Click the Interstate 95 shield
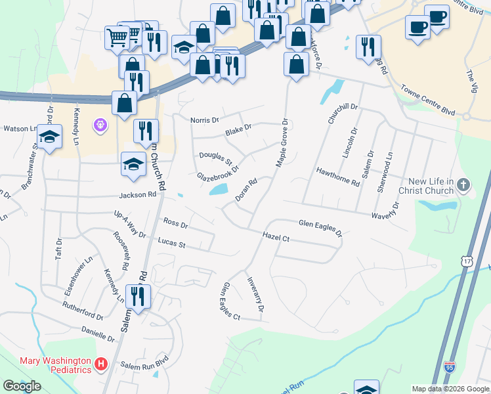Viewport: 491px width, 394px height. (450, 366)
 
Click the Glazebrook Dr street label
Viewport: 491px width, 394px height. (219, 169)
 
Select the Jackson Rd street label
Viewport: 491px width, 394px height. (137, 194)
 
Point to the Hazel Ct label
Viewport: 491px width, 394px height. (276, 236)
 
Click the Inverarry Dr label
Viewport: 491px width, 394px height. (256, 294)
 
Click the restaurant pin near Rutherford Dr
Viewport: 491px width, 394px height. (138, 296)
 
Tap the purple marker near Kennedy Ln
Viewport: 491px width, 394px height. (100, 123)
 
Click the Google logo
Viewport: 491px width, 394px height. (22, 386)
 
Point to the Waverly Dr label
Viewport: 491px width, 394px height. (384, 210)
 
